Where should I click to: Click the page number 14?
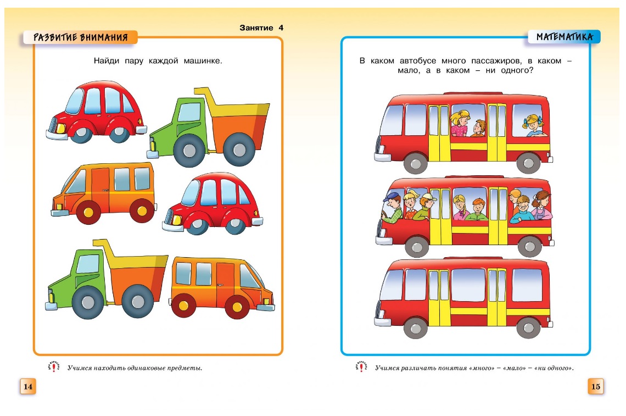28,386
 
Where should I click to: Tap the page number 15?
595,386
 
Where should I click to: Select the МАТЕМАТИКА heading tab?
564,37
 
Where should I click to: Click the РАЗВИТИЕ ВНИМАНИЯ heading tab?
80,37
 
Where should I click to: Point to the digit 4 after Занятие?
281,27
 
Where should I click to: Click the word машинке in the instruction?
203,61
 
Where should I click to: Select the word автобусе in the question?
417,61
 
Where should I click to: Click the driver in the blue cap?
392,207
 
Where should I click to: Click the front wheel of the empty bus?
416,328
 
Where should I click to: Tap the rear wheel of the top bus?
528,163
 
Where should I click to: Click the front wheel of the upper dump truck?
189,151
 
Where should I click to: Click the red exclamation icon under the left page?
54,367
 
